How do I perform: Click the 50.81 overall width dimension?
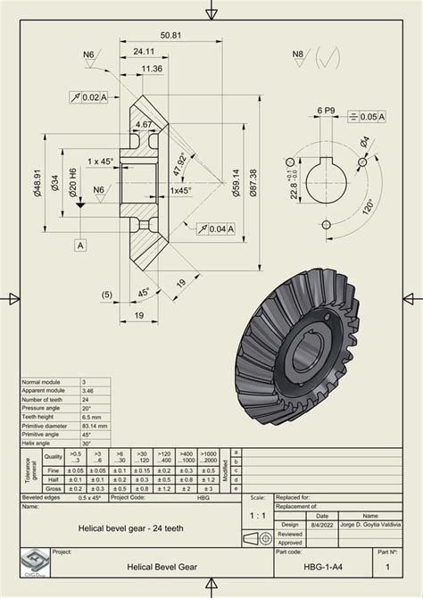170,36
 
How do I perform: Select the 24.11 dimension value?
147,52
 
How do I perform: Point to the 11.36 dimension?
151,69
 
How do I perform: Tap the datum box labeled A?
81,244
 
